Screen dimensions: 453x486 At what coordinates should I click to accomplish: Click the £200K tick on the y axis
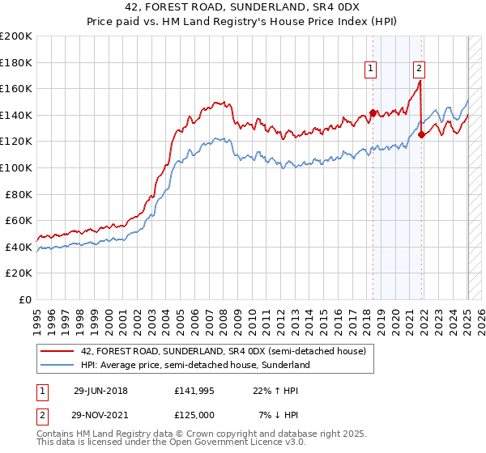point(16,36)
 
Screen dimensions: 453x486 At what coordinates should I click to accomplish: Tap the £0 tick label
point(25,299)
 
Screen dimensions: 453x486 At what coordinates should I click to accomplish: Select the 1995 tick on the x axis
point(37,315)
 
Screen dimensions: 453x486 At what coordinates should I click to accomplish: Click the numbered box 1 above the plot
point(370,70)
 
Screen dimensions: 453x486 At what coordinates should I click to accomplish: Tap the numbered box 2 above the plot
point(420,70)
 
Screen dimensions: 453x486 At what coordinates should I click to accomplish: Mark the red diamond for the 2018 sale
point(373,113)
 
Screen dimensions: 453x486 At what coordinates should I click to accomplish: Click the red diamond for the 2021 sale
point(422,135)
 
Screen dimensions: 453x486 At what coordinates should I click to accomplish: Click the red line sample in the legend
point(58,351)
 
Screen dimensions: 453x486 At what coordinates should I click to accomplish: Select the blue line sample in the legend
point(58,365)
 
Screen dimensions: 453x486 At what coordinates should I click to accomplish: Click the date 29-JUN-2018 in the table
point(100,390)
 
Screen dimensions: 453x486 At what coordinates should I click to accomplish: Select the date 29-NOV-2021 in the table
point(100,414)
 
